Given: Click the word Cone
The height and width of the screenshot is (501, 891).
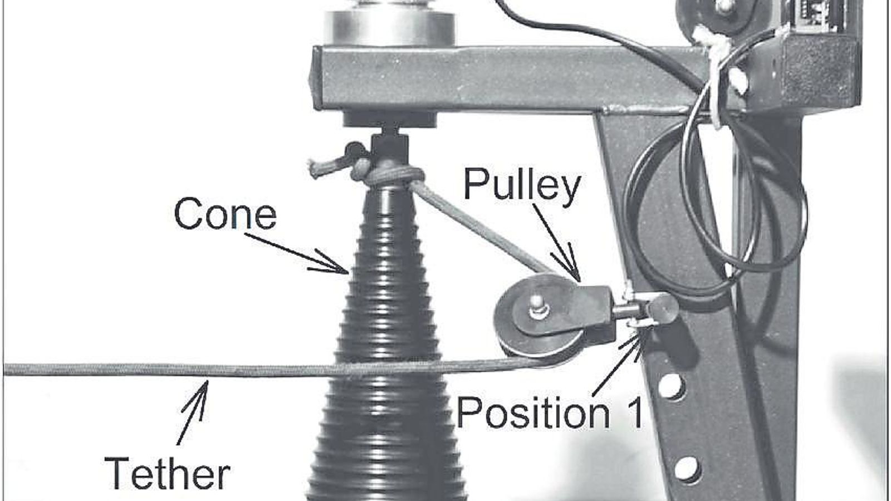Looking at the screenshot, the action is coord(225,214).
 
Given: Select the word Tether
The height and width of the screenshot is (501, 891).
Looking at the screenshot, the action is coord(168,473).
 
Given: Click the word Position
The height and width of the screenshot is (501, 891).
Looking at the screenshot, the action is coord(533,412).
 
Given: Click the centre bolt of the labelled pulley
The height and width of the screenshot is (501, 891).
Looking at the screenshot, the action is coord(537,306).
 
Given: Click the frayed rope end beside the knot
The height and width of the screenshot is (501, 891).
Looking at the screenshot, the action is coord(318,169).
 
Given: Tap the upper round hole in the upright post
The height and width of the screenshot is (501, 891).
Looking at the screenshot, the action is coord(672,386).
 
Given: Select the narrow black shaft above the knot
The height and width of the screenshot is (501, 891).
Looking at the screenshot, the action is coord(389,147).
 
